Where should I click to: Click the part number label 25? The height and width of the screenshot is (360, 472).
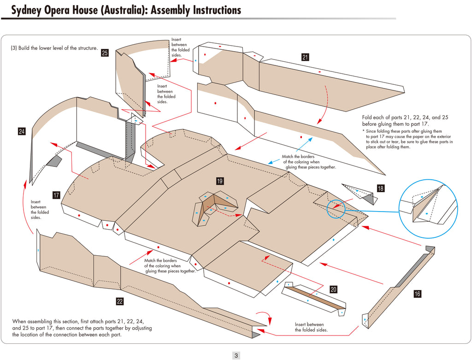tap(105, 53)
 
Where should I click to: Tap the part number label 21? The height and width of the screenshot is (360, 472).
tap(305, 57)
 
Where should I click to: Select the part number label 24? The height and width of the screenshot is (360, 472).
tap(22, 131)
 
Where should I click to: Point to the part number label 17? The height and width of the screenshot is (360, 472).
tap(56, 195)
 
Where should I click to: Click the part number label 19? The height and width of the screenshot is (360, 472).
tap(220, 181)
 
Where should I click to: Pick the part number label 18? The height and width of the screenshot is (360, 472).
tap(380, 188)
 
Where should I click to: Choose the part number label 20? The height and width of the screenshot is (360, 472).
tap(333, 289)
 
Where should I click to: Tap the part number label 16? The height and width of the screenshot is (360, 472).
tap(417, 294)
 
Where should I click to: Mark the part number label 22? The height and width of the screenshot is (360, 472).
tap(120, 301)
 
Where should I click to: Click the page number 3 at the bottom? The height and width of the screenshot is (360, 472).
tap(236, 355)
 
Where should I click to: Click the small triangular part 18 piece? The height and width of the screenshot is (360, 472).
tap(360, 193)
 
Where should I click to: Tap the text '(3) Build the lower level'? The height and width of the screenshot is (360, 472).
tap(54, 48)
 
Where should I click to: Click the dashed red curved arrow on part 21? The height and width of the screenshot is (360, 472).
tap(324, 104)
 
